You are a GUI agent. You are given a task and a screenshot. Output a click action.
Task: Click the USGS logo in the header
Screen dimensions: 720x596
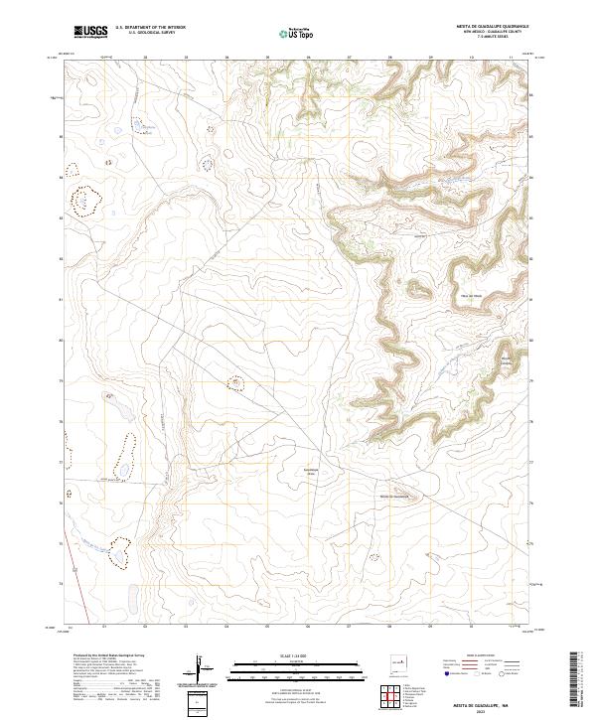point(90,33)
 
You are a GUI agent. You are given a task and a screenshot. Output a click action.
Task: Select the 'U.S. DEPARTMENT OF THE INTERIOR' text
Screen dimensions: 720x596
point(150,27)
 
